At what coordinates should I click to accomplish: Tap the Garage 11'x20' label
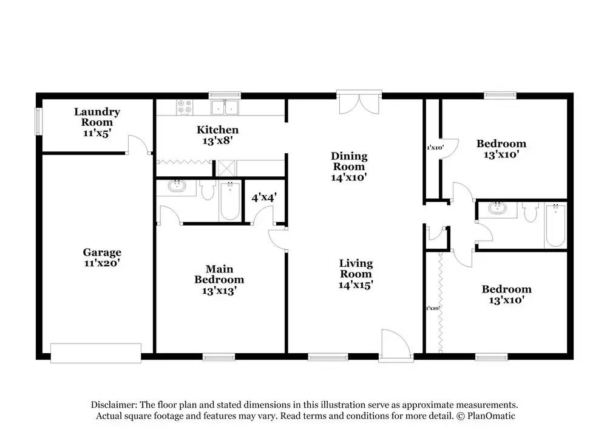102,258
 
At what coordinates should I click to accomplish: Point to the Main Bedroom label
219,280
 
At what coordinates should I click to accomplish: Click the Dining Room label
348,167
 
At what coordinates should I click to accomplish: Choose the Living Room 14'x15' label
356,274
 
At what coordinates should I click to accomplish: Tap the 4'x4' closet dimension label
264,197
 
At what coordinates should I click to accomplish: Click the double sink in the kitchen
225,108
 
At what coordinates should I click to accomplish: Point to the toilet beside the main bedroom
208,191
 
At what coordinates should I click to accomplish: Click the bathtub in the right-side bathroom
554,225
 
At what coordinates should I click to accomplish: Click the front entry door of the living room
396,345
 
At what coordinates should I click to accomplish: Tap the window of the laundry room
38,122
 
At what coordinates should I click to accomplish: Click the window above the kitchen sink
225,95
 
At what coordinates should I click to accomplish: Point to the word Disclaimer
114,404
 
